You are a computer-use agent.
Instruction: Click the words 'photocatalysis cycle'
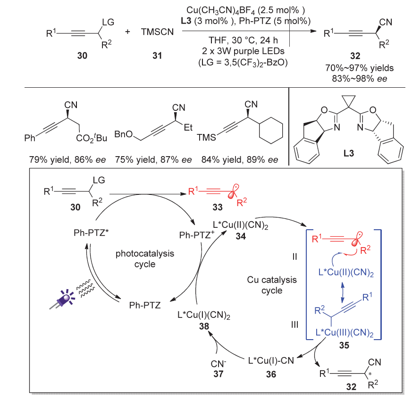click(x=145, y=258)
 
